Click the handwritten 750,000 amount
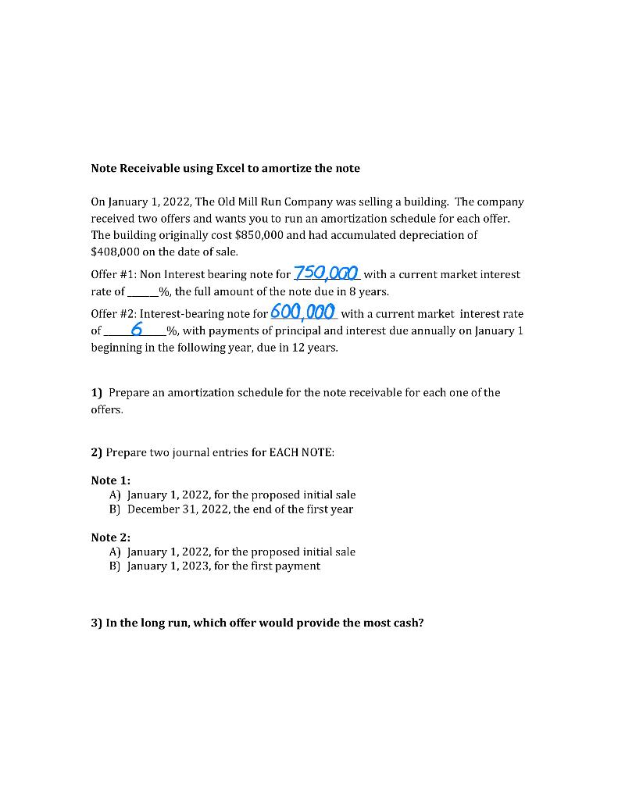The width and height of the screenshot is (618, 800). pos(326,273)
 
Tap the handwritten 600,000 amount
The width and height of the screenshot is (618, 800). pos(303,312)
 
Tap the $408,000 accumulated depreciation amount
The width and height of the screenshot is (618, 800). pos(115,252)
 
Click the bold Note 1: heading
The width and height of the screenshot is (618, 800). pos(110,480)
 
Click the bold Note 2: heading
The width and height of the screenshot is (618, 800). pos(110,537)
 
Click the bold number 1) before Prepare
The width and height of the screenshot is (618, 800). pos(97,392)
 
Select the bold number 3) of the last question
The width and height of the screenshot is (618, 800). pos(97,623)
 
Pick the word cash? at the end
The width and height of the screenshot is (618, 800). pos(406,623)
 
